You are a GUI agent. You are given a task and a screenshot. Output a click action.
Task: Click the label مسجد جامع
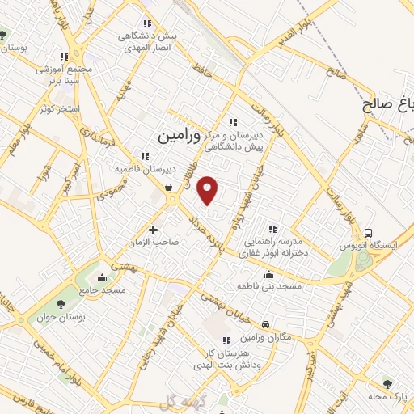pyautogui.click(x=101, y=289)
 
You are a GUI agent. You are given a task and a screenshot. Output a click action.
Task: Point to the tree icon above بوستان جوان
pyautogui.click(x=61, y=305)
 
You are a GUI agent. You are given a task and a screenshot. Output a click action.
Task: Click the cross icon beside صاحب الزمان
pyautogui.click(x=154, y=230)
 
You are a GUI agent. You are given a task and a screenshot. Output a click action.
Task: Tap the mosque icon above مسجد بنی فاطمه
pyautogui.click(x=269, y=274)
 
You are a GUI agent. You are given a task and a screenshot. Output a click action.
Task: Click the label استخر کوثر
pyautogui.click(x=53, y=108)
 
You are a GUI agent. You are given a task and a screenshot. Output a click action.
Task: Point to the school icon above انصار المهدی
pyautogui.click(x=146, y=24)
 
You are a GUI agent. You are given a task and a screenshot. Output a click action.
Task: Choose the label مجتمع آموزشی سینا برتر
pyautogui.click(x=58, y=76)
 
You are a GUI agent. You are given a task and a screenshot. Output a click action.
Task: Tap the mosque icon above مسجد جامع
pyautogui.click(x=101, y=277)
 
